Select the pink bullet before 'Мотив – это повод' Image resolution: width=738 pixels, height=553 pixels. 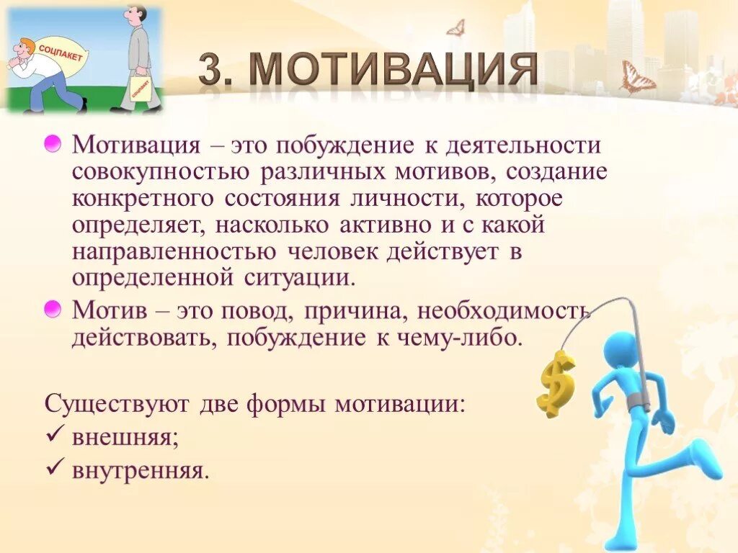tap(53, 310)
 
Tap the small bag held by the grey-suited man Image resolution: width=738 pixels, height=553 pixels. tap(141, 88)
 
